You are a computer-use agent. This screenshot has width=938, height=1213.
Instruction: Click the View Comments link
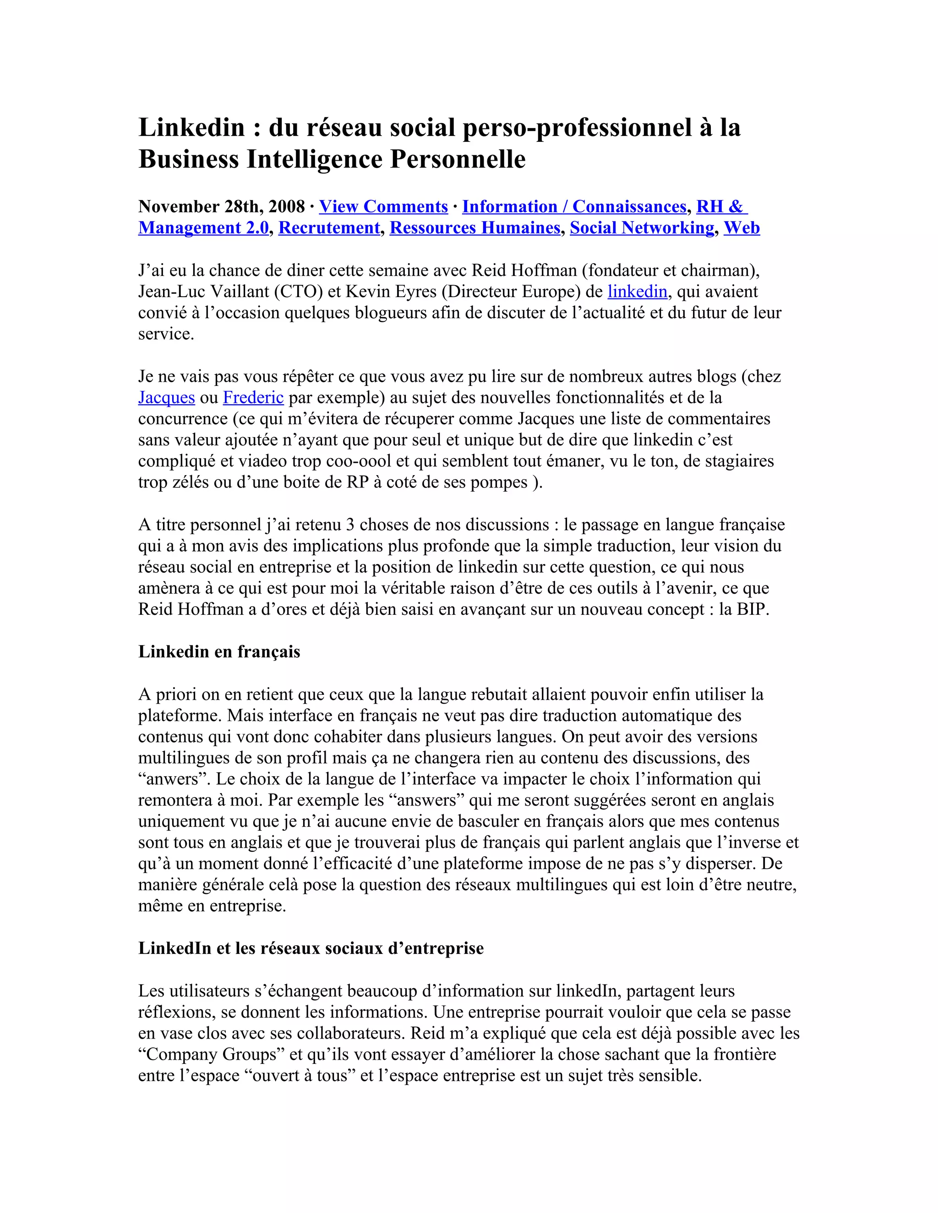click(x=383, y=206)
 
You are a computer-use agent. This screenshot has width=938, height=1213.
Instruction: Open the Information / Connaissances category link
click(x=574, y=206)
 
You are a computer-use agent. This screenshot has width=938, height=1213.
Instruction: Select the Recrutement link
click(x=329, y=227)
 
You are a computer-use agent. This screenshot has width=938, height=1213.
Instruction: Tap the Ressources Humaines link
click(x=474, y=227)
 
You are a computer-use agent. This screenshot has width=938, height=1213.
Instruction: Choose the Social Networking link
click(x=642, y=227)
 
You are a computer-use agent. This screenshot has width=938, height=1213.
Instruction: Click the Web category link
click(x=742, y=227)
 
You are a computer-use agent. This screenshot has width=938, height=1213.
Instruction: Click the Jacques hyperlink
click(x=166, y=398)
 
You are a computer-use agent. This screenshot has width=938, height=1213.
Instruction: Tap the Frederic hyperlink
click(x=253, y=398)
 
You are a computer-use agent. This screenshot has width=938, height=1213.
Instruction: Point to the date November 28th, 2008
click(x=221, y=206)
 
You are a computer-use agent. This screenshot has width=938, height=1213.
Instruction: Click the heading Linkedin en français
click(x=219, y=651)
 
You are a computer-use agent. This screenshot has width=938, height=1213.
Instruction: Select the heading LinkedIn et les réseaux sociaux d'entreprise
click(x=311, y=948)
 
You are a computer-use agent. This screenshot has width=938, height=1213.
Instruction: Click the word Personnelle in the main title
click(x=458, y=159)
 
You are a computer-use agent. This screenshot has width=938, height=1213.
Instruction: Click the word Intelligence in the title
click(x=315, y=159)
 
